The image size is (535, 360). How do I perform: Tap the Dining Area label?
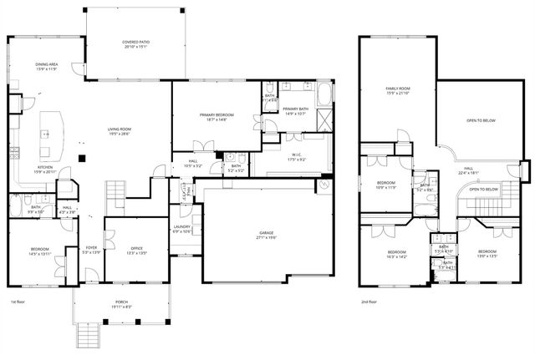(x=46, y=64)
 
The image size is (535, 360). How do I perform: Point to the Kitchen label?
(x=44, y=168)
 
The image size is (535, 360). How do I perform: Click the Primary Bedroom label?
(x=216, y=115)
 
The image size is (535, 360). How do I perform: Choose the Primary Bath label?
(x=296, y=110)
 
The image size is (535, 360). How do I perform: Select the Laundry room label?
(x=182, y=228)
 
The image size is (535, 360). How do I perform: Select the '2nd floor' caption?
(x=369, y=302)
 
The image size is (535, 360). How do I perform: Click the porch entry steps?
(x=84, y=336)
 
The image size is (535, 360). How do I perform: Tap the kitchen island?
(x=55, y=134)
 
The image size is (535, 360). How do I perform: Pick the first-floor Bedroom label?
(x=39, y=251)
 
